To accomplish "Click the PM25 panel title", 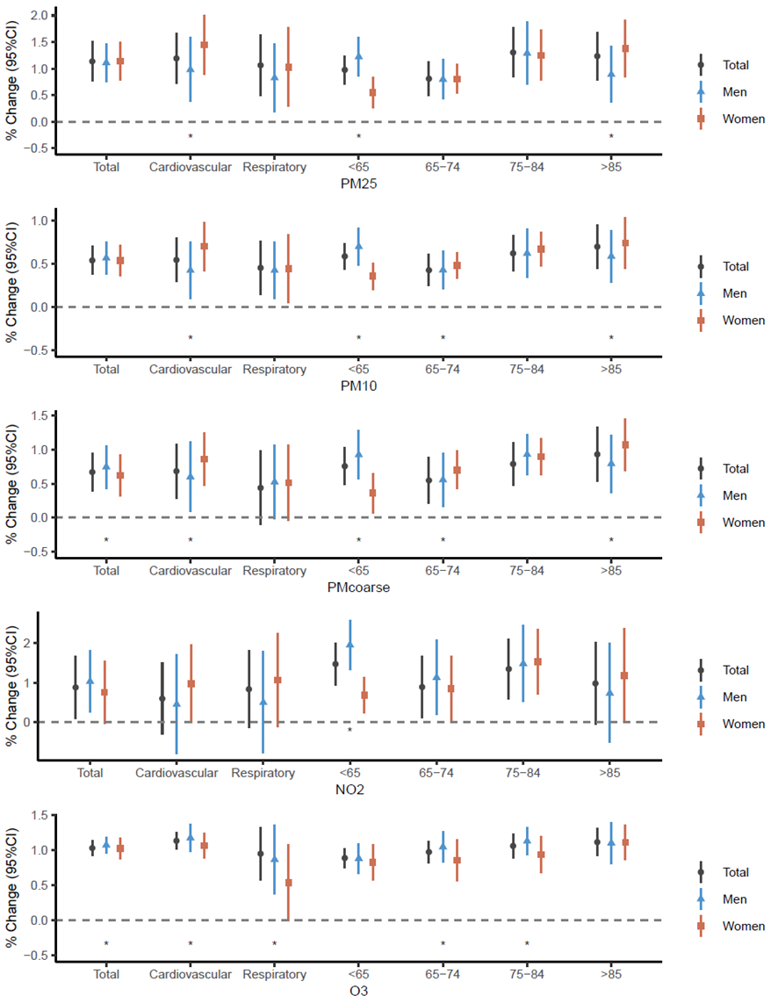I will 358,184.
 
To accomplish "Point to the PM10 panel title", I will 358,386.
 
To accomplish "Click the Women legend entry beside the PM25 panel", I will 743,119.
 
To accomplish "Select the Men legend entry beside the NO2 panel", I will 736,697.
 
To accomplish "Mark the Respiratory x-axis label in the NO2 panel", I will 263,773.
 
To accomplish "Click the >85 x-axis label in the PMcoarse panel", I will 611,571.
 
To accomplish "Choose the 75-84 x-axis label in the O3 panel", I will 527,974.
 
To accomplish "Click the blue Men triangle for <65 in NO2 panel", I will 349,644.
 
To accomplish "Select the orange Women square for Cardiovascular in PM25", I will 205,44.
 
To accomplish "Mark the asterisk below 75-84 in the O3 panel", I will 527,944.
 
